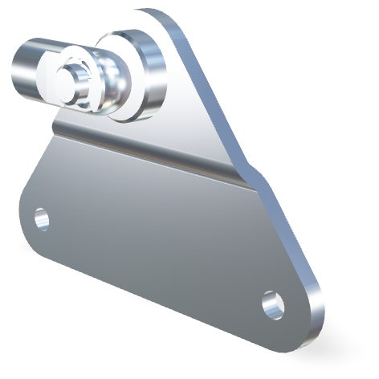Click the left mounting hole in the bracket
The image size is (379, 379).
coord(41,218)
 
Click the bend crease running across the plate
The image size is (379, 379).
coord(153,157)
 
